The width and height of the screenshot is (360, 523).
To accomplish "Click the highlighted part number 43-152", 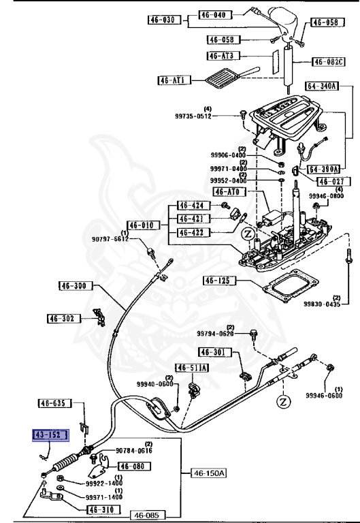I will tap(50, 434).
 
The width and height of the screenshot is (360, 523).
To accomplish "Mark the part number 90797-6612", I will tap(110, 238).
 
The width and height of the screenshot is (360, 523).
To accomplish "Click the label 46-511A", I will tap(192, 368).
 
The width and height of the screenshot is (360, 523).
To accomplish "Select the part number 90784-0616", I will tap(133, 451).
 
